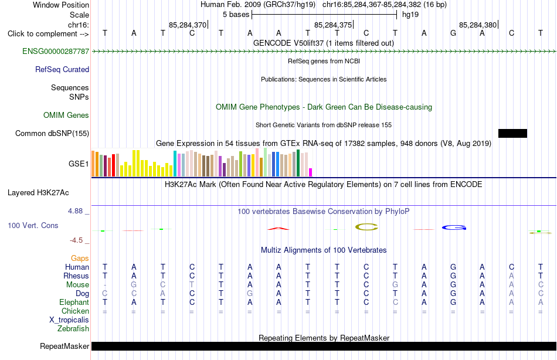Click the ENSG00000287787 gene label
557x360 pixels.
pyautogui.click(x=56, y=51)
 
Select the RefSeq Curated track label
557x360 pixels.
pyautogui.click(x=62, y=69)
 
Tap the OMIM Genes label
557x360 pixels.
pyautogui.click(x=66, y=115)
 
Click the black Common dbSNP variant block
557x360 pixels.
pyautogui.click(x=512, y=133)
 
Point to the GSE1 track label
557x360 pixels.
pyautogui.click(x=79, y=164)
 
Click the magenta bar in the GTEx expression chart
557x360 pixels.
pyautogui.click(x=311, y=172)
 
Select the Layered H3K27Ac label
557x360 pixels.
pyautogui.click(x=38, y=193)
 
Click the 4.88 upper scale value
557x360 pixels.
pyautogui.click(x=75, y=211)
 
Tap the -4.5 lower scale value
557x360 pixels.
pyautogui.click(x=76, y=240)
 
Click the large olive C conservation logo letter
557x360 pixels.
pyautogui.click(x=366, y=227)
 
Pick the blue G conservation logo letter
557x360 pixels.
pyautogui.click(x=454, y=227)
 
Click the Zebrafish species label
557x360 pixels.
pyautogui.click(x=73, y=329)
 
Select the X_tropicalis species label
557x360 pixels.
pyautogui.click(x=69, y=320)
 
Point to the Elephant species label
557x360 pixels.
pyautogui.click(x=74, y=303)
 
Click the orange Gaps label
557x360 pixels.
pyautogui.click(x=80, y=259)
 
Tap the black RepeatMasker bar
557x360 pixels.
pyautogui.click(x=324, y=346)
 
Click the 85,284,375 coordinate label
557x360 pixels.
pyautogui.click(x=333, y=25)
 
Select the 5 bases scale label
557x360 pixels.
pyautogui.click(x=236, y=15)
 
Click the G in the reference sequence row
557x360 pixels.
pyautogui.click(x=453, y=33)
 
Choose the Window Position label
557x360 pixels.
pyautogui.click(x=61, y=5)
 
